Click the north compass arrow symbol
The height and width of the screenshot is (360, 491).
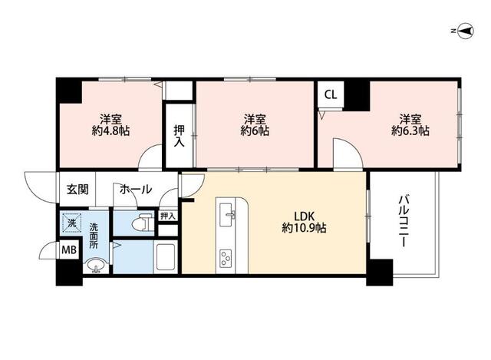click(x=466, y=31)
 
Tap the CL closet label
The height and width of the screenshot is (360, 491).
click(x=331, y=94)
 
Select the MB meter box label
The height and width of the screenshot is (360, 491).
click(x=69, y=250)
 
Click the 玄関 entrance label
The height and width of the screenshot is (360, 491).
click(x=77, y=190)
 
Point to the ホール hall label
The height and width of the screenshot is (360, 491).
click(x=136, y=190)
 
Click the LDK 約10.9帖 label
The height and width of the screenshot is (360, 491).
click(x=304, y=222)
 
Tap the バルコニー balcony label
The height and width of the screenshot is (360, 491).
click(x=404, y=221)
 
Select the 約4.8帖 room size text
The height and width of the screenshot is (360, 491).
click(x=110, y=130)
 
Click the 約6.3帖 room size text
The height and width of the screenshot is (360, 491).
click(x=410, y=130)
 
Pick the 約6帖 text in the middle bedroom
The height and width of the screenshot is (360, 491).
click(x=255, y=130)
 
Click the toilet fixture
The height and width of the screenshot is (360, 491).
click(x=142, y=223)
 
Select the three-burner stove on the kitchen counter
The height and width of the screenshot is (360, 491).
click(x=226, y=259)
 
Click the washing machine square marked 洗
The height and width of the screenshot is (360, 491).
click(x=72, y=223)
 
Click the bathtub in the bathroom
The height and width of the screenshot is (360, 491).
click(x=166, y=257)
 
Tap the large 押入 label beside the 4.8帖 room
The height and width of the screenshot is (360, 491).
click(x=179, y=136)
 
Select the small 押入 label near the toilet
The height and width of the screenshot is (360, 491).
click(x=168, y=216)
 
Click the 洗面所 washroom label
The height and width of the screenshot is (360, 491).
click(x=94, y=236)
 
